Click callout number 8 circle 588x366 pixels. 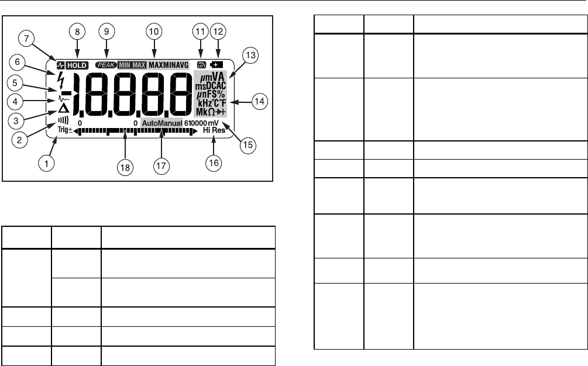(76, 31)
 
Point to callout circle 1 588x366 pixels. (44, 163)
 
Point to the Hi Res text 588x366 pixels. (214, 132)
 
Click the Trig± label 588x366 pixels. (64, 132)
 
